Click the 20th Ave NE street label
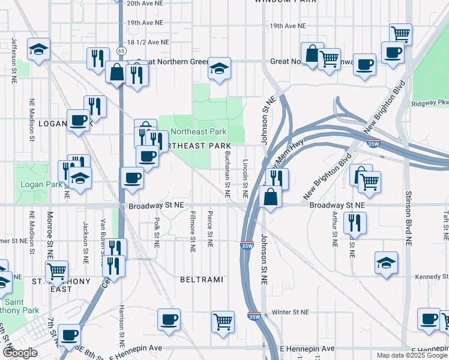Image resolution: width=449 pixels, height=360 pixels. point(145,3)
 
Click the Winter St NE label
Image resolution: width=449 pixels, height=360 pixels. point(289,312)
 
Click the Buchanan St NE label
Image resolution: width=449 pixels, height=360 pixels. point(227,174)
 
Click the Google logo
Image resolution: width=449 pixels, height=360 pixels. point(20,353)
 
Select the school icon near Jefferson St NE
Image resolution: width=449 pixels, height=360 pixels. point(39,50)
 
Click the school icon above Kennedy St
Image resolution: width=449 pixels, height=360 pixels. point(386,263)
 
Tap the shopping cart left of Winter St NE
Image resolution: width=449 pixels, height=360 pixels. point(223,322)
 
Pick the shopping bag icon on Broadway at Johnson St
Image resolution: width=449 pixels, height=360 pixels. point(271,197)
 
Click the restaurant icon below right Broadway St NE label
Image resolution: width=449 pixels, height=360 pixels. point(354,223)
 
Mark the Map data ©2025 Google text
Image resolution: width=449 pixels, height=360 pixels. point(412,355)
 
